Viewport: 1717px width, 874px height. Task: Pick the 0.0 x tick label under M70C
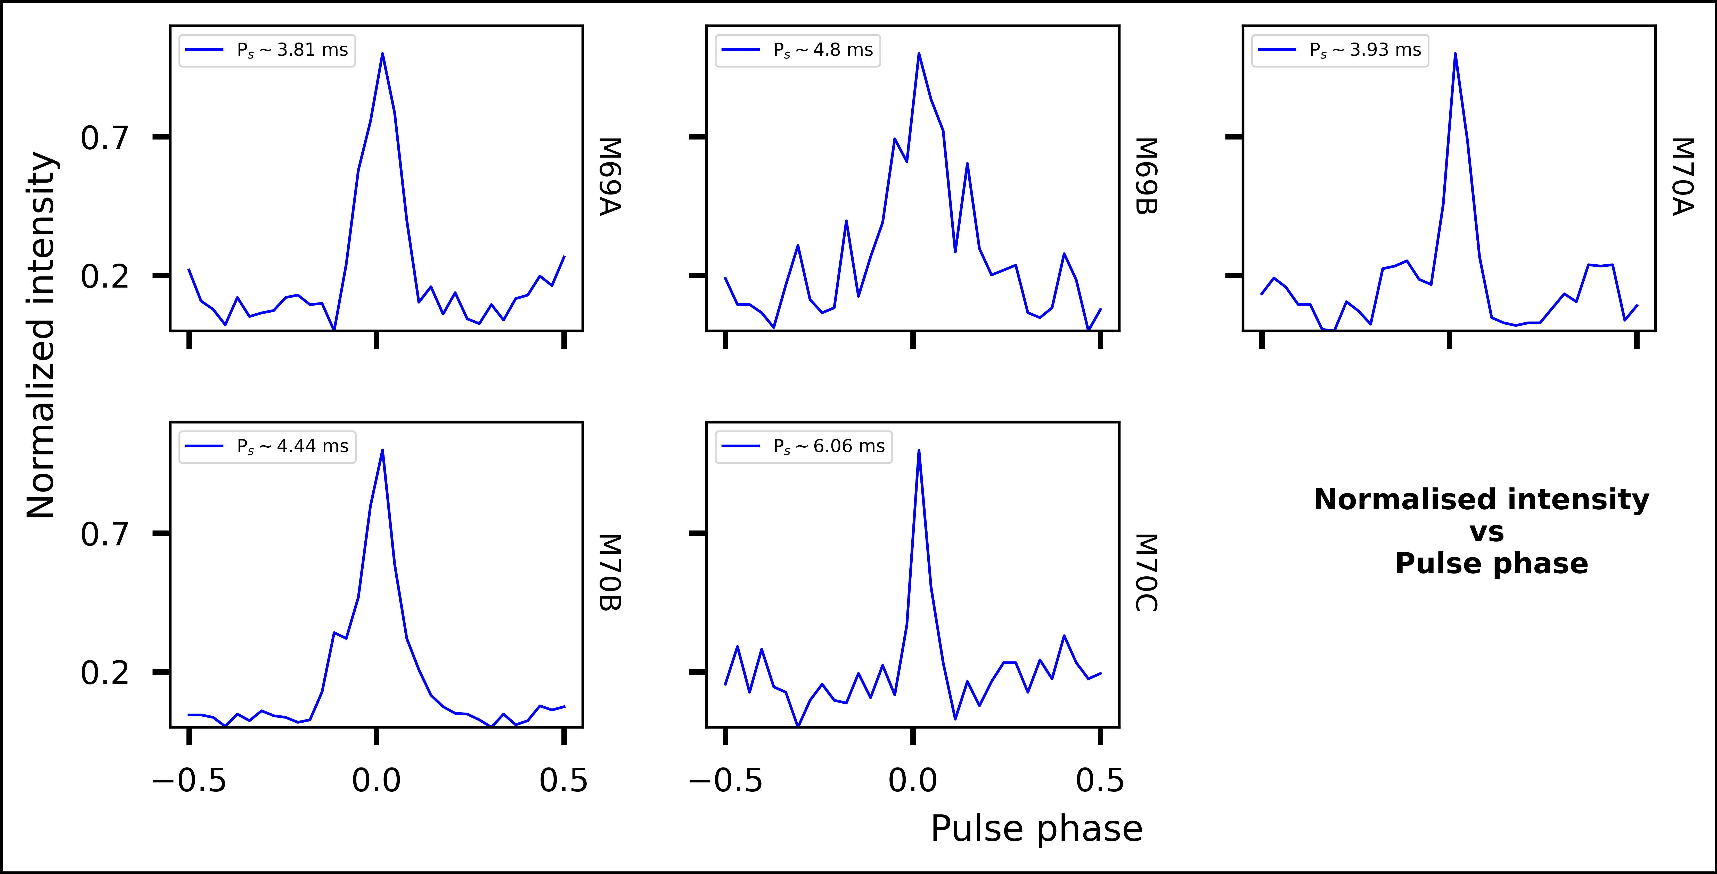912,780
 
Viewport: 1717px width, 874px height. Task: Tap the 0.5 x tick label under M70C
1100,780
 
